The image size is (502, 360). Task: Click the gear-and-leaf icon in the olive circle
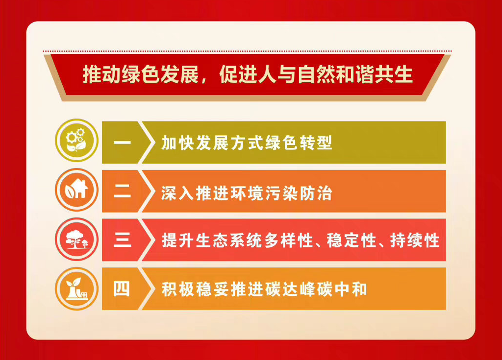click(x=76, y=140)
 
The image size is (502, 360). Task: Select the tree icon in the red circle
click(x=76, y=239)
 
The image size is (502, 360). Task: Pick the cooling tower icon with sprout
click(x=76, y=288)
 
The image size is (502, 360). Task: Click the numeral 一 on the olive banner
click(x=122, y=143)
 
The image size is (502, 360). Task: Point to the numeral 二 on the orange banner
click(x=122, y=191)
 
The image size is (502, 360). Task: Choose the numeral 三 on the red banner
click(x=122, y=240)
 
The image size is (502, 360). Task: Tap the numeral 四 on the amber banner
click(x=122, y=289)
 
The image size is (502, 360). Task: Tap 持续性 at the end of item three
click(x=415, y=240)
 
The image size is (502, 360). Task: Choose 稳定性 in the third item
click(x=351, y=240)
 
